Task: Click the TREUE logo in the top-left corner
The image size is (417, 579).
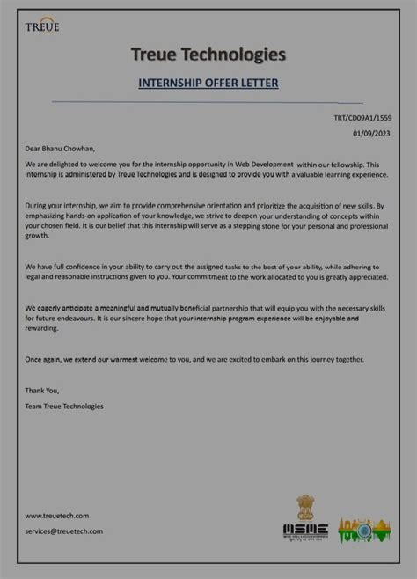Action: click(42, 24)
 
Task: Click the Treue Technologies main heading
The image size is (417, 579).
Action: click(208, 55)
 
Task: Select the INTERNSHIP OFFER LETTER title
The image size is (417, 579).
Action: click(208, 84)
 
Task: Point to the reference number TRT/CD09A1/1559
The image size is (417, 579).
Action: click(362, 117)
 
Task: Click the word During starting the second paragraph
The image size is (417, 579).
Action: click(38, 204)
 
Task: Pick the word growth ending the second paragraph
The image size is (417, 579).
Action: click(37, 236)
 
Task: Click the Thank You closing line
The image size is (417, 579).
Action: click(42, 391)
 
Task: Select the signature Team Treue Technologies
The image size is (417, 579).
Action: click(64, 406)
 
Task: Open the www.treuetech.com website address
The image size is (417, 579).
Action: click(56, 516)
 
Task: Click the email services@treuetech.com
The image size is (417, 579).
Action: click(63, 531)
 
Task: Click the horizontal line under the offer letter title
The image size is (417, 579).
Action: click(208, 102)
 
